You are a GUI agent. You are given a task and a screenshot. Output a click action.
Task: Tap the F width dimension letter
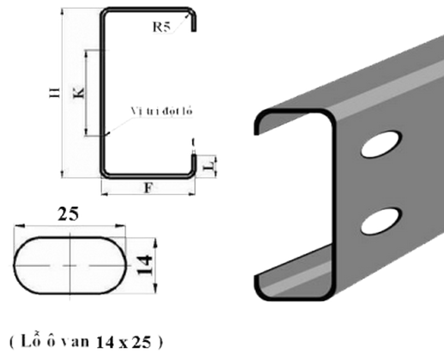pyautogui.click(x=148, y=187)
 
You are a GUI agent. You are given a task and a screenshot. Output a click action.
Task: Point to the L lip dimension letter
pyautogui.click(x=208, y=165)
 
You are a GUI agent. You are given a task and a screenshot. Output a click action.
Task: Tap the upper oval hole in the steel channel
pyautogui.click(x=381, y=143)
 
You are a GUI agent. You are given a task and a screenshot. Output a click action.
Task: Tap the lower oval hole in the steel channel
pyautogui.click(x=381, y=219)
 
